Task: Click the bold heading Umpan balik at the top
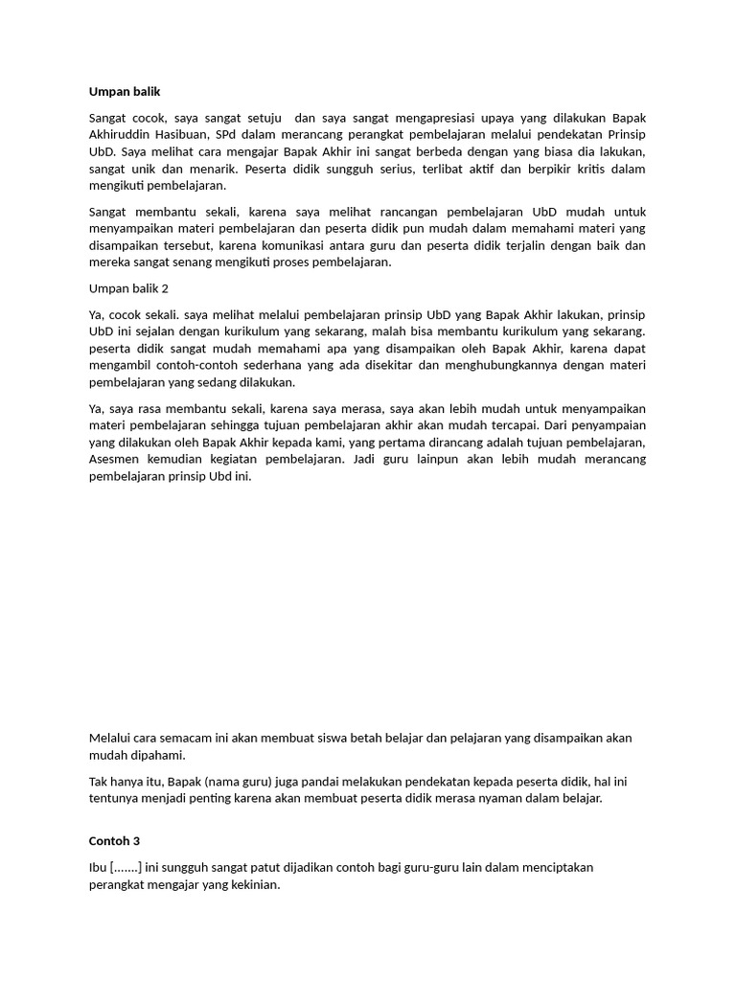(x=125, y=91)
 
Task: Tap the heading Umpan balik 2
(x=129, y=288)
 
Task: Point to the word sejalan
(x=164, y=331)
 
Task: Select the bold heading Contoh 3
(x=114, y=840)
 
